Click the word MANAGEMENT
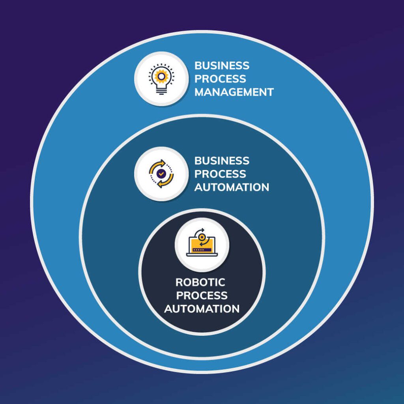234,92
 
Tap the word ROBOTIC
200,282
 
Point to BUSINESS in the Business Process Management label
222,65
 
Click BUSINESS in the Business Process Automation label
222,161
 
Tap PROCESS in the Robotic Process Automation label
202,296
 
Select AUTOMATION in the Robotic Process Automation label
202,309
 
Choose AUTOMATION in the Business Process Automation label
232,187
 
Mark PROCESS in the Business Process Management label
220,79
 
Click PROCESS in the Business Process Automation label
220,174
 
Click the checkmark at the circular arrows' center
161,173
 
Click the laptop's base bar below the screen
202,254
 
